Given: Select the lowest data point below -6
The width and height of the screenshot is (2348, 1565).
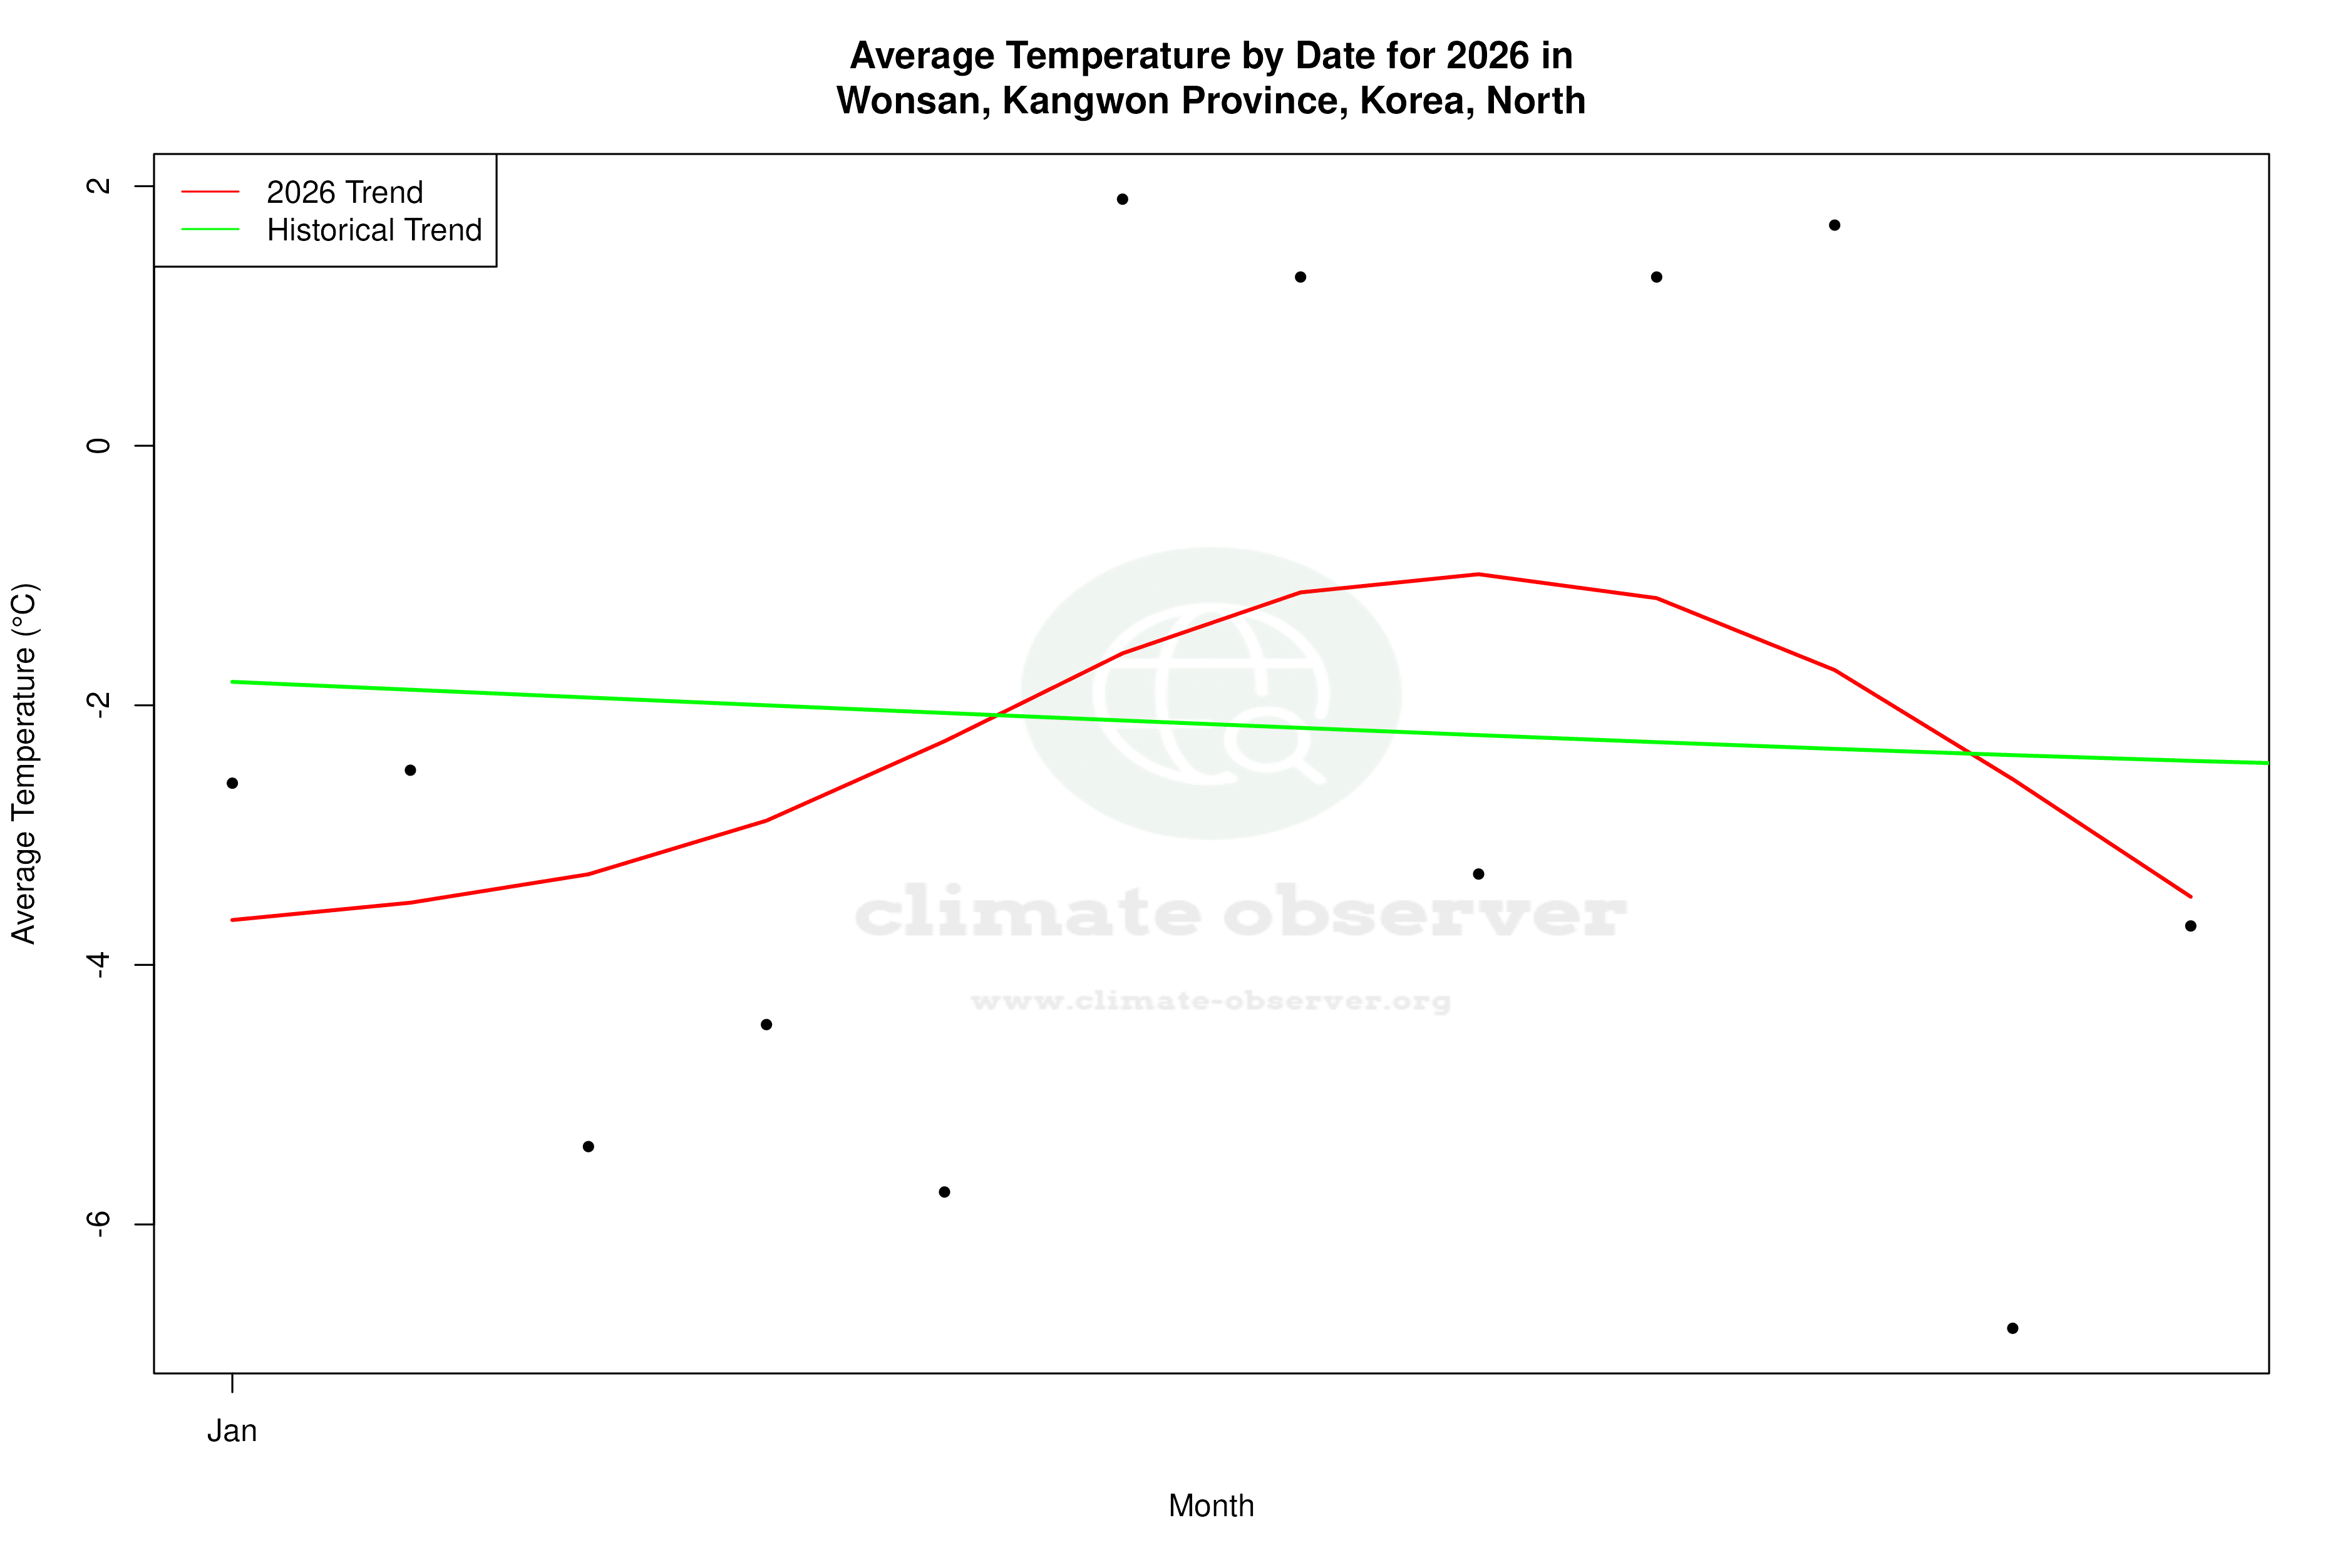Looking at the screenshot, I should pos(2012,1328).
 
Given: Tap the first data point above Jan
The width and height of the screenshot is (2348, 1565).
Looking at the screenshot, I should pos(232,784).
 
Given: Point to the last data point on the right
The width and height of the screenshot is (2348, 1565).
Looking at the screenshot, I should pos(2190,926).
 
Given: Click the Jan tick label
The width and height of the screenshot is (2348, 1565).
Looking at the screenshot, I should pos(232,1431).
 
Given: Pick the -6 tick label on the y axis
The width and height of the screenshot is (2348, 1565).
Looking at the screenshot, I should pos(98,1224).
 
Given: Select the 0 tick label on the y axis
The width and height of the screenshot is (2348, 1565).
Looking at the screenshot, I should pos(98,445).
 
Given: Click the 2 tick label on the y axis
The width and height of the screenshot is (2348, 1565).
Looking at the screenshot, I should pos(98,186).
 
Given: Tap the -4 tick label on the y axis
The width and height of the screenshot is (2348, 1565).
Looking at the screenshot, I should pos(98,964).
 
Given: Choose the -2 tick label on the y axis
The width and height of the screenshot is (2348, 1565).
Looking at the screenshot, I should pos(98,705).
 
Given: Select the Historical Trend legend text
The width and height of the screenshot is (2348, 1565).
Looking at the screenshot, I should pos(374,230).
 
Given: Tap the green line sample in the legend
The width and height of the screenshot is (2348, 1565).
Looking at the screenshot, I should pos(210,230).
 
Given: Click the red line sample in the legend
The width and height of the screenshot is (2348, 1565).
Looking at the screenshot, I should pos(210,192).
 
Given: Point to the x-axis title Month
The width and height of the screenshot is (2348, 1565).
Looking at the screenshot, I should pos(1211,1506).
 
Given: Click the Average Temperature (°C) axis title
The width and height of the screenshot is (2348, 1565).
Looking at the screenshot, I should pos(24,764).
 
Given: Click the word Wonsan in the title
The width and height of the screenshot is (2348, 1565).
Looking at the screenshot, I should pos(912,101).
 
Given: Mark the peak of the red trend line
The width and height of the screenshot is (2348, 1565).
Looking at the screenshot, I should pos(1478,574).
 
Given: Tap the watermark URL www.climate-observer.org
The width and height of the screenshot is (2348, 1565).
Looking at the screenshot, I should pos(1211,1001).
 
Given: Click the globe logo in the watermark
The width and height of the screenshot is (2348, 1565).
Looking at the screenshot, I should pos(1211,694).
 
